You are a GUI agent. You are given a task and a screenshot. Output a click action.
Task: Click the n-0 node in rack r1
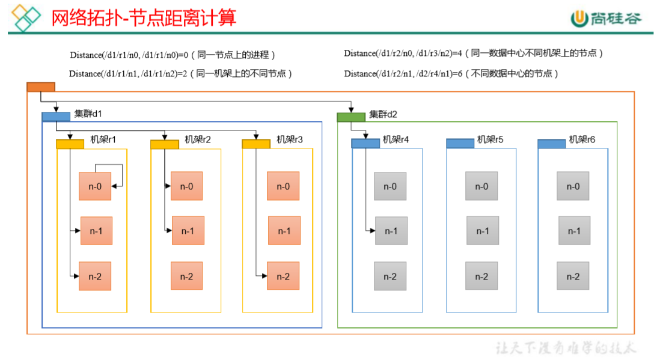click(95, 186)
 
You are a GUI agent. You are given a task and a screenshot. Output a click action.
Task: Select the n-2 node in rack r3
click(283, 276)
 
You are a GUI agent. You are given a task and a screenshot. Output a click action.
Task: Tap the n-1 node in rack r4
click(391, 231)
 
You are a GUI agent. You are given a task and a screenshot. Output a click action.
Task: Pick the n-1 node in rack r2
click(188, 231)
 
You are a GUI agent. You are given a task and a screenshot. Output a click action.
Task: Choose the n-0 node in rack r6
click(573, 186)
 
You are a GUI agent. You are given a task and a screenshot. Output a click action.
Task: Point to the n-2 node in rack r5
click(481, 276)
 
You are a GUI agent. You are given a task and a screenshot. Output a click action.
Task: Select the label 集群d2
click(383, 114)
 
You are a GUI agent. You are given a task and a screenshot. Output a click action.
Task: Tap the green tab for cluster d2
click(351, 117)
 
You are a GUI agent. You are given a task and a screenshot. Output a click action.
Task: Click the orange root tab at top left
click(41, 87)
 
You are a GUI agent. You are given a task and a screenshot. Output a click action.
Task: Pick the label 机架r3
click(290, 139)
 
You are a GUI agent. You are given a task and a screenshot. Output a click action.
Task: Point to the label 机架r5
click(490, 139)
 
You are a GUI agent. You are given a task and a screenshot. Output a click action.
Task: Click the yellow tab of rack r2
click(165, 144)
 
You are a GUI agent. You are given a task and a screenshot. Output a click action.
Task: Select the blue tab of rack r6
click(551, 144)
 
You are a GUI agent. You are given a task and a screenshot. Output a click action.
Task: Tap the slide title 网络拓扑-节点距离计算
click(144, 17)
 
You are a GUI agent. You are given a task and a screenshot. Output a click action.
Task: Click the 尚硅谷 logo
click(606, 19)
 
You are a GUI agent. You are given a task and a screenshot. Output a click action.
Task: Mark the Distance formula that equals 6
click(451, 73)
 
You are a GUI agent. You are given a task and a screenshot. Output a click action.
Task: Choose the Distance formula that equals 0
click(173, 55)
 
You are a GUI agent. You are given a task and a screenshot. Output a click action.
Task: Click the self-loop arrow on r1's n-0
click(122, 174)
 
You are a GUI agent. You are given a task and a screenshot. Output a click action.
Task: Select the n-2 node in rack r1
click(95, 276)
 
